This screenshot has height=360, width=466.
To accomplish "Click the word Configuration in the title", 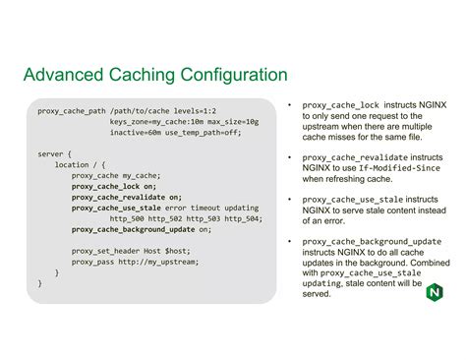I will (x=228, y=76).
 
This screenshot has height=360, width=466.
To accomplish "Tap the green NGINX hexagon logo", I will (x=435, y=292).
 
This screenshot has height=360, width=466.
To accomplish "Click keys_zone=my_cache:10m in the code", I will (x=160, y=121).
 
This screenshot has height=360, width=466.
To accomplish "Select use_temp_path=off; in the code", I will (x=204, y=132).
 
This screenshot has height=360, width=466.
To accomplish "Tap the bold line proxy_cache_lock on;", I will (x=113, y=186).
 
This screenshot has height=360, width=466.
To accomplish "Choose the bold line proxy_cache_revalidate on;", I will (x=126, y=197).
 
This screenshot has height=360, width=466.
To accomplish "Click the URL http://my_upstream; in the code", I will (x=157, y=262).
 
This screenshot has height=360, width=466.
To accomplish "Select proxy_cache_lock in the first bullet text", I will (x=340, y=104).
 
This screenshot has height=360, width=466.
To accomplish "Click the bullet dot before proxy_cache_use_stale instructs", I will (x=290, y=199).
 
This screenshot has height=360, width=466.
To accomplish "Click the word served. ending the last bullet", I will (x=318, y=294).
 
